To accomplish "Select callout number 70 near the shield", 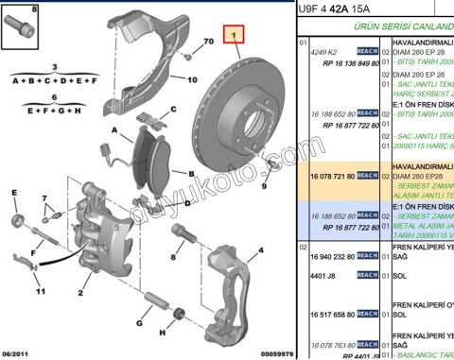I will coord(208,43).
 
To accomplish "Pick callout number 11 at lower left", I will coord(40,266).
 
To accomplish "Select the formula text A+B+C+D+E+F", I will coord(54,80).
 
